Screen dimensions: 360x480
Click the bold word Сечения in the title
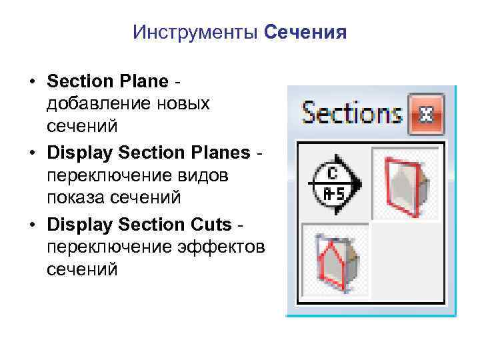305,33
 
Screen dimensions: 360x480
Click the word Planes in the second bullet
217,153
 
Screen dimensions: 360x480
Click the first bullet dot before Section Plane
31,83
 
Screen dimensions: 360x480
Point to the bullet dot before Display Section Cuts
31,225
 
